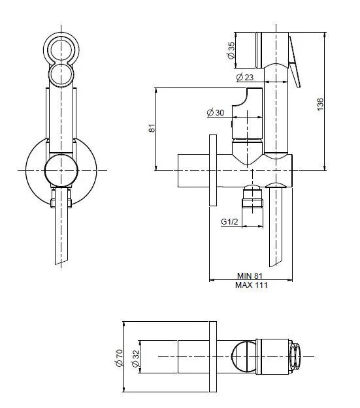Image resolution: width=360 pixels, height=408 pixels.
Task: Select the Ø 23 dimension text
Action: (x=245, y=78)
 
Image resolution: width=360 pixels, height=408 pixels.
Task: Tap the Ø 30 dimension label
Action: (x=216, y=113)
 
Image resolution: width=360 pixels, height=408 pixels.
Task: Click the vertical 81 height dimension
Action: (x=152, y=129)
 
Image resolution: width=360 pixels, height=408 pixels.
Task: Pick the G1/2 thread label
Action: (x=229, y=221)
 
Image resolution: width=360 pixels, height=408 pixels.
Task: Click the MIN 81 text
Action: (x=250, y=275)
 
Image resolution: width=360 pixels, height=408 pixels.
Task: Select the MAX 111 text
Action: (x=250, y=285)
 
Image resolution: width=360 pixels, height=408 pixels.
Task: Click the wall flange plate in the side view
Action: (x=212, y=170)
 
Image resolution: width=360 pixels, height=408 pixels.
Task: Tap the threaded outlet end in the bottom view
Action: (x=295, y=356)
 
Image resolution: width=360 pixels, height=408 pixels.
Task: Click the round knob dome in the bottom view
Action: (x=245, y=356)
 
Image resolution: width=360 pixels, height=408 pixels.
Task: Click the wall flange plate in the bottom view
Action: (x=212, y=356)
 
